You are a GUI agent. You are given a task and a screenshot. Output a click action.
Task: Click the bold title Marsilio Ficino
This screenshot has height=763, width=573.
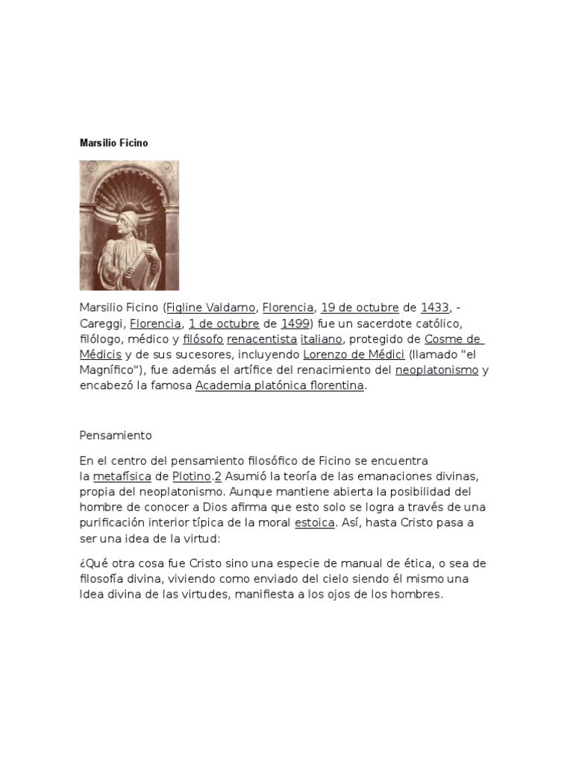coord(113,142)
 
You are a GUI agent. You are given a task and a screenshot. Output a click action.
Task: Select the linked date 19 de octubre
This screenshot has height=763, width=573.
coord(360,308)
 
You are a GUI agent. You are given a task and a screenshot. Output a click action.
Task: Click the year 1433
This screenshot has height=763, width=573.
coord(434,308)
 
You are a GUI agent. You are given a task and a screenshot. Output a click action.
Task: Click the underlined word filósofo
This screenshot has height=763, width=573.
coord(203,339)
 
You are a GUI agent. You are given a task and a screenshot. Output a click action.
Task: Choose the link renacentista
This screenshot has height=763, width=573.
coord(261,339)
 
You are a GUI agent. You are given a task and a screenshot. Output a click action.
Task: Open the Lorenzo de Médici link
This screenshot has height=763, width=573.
coord(354,355)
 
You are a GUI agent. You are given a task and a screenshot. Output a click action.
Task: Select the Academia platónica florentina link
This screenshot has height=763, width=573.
coord(280,386)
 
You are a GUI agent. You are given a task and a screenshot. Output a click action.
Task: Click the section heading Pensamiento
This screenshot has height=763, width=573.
coord(116,435)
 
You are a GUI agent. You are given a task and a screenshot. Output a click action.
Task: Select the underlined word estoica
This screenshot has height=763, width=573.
coord(314,522)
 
